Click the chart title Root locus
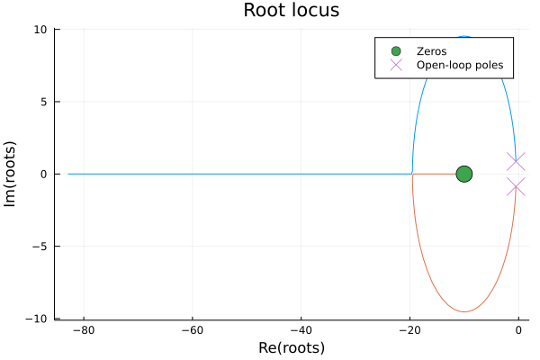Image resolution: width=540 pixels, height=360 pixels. pyautogui.click(x=291, y=11)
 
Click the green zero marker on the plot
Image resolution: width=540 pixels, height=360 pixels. pyautogui.click(x=464, y=174)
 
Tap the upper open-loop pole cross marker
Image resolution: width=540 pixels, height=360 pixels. pyautogui.click(x=516, y=161)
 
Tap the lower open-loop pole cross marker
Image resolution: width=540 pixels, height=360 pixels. pyautogui.click(x=516, y=187)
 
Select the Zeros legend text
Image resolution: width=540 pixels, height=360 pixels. pyautogui.click(x=431, y=51)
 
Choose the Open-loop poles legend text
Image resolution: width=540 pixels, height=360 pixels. pyautogui.click(x=459, y=66)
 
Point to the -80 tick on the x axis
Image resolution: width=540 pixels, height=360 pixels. pyautogui.click(x=84, y=330)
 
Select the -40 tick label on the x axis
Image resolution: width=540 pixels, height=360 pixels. pyautogui.click(x=301, y=330)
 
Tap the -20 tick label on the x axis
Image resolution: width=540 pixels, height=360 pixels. pyautogui.click(x=409, y=330)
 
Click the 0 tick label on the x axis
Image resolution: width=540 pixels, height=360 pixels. pyautogui.click(x=518, y=330)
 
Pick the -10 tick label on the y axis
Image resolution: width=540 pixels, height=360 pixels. pyautogui.click(x=40, y=319)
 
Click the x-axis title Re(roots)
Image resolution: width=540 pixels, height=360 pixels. pyautogui.click(x=291, y=348)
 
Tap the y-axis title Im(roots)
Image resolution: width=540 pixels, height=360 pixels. pyautogui.click(x=12, y=174)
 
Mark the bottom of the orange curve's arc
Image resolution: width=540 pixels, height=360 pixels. pyautogui.click(x=464, y=312)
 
